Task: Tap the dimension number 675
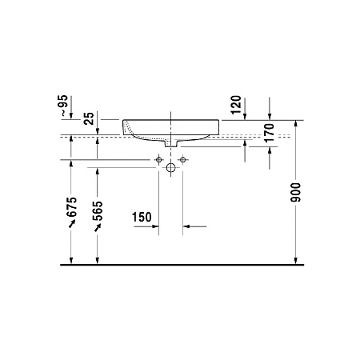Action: coord(72,207)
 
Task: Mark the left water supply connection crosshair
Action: coord(158,161)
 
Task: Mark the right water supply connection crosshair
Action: coord(183,161)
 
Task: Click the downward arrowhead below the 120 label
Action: coord(246,115)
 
